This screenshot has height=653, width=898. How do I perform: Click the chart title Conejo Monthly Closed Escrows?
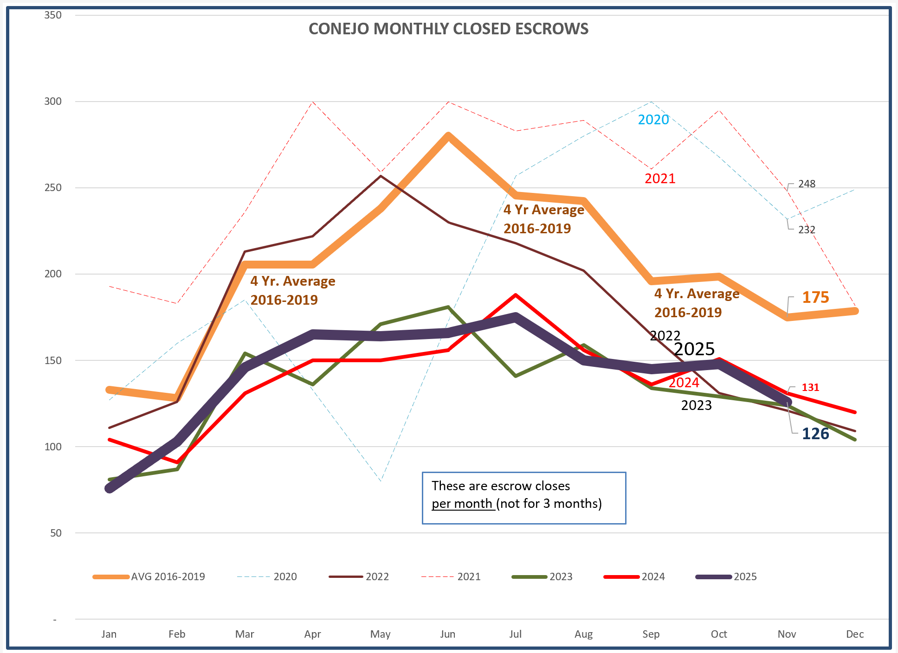(x=448, y=29)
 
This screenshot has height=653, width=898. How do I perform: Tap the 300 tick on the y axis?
(x=53, y=101)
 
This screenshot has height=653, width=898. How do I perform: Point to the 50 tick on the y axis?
(x=56, y=533)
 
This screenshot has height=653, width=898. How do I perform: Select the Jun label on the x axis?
(x=447, y=634)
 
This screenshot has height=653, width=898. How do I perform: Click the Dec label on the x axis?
(x=854, y=634)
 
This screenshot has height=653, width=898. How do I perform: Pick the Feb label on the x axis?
(x=177, y=634)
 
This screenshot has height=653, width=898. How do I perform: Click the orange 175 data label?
(x=815, y=297)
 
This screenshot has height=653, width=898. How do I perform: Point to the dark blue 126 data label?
(x=815, y=434)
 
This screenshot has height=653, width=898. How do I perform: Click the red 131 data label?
(x=810, y=387)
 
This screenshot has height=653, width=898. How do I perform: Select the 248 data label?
(x=807, y=184)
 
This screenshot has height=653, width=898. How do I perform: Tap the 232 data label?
(x=807, y=230)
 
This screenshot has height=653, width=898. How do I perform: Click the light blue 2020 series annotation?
(x=653, y=120)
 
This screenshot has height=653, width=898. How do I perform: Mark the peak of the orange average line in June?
(x=448, y=135)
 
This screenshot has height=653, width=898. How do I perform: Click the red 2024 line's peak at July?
(x=516, y=295)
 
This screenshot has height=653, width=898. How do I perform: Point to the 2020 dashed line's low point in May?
(x=381, y=481)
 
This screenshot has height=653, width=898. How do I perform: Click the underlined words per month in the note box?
(x=462, y=504)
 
